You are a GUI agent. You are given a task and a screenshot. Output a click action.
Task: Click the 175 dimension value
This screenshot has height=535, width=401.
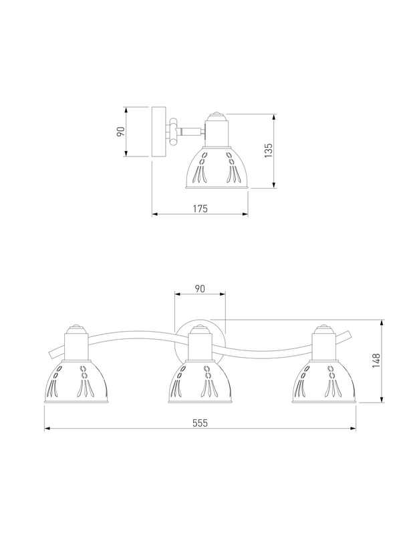200,209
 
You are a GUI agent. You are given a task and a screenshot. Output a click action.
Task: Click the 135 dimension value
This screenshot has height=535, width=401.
269,150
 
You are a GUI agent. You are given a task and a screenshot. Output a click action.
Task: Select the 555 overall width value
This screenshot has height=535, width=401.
200,423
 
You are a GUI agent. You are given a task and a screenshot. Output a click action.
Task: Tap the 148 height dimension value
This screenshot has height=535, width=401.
376,360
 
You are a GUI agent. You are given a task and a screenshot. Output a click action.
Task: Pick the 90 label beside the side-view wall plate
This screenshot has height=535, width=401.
121,131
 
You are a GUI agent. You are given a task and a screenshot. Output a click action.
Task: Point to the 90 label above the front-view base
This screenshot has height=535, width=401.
200,289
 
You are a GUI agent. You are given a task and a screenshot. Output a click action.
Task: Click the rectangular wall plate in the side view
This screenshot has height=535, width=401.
158,132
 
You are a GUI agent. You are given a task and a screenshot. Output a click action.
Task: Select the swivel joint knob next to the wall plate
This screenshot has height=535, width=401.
174,131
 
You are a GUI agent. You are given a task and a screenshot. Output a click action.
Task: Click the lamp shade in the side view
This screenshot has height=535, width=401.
217,168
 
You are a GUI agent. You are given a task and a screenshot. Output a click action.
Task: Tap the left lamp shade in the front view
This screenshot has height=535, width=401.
76,382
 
